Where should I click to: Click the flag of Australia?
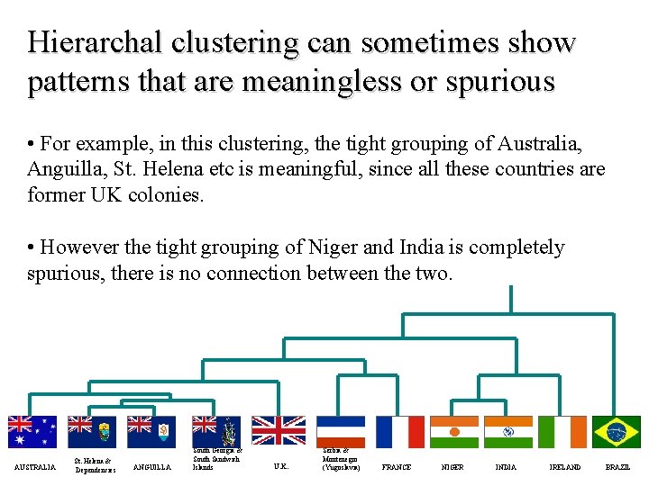[x=32, y=432]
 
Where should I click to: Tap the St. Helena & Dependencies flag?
[x=92, y=432]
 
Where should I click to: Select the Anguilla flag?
[x=151, y=432]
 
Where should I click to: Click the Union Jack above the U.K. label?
[x=279, y=432]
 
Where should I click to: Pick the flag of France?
[x=399, y=432]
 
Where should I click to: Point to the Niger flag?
[x=453, y=432]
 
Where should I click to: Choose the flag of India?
[x=508, y=432]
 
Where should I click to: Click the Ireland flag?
[x=562, y=432]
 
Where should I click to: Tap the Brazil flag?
[x=617, y=432]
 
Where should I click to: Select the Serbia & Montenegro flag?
[x=340, y=432]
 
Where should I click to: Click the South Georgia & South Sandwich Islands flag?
[x=215, y=432]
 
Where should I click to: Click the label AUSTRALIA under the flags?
[x=34, y=467]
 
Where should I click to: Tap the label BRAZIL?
[x=617, y=467]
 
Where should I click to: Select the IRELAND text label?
[x=565, y=467]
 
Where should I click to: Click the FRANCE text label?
[x=397, y=467]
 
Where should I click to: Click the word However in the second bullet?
[x=78, y=247]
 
